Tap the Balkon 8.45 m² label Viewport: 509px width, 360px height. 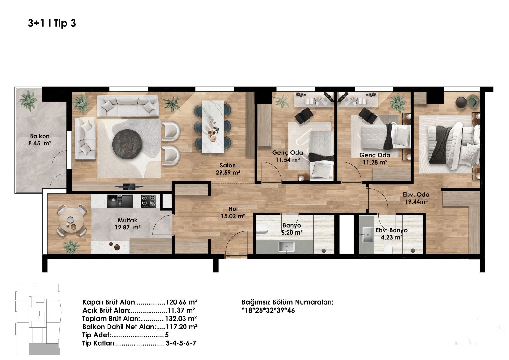(x=40, y=140)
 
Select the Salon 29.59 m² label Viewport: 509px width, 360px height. (x=228, y=169)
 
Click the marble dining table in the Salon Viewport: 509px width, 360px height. (x=213, y=127)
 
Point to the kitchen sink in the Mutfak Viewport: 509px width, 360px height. (x=120, y=201)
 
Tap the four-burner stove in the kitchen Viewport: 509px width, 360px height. (x=149, y=201)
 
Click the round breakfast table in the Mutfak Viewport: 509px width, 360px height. (x=71, y=220)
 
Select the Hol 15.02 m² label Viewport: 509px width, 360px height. (x=233, y=212)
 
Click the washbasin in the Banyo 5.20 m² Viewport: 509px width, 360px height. (x=286, y=247)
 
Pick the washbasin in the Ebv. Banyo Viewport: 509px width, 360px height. (x=367, y=235)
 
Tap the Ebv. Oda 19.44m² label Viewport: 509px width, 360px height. (x=416, y=198)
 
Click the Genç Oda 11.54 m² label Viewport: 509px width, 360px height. (x=288, y=156)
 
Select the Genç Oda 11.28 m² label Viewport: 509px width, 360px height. (x=375, y=159)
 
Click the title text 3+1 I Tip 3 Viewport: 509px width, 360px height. (x=52, y=23)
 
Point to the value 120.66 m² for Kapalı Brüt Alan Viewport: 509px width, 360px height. (x=181, y=302)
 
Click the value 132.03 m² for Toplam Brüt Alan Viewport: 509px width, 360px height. (x=181, y=318)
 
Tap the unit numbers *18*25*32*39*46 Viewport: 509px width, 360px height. (x=268, y=310)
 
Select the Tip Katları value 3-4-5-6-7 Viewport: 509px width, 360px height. (x=181, y=343)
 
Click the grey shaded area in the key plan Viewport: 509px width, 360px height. (x=44, y=349)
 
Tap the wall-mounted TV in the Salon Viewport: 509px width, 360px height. (x=129, y=187)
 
